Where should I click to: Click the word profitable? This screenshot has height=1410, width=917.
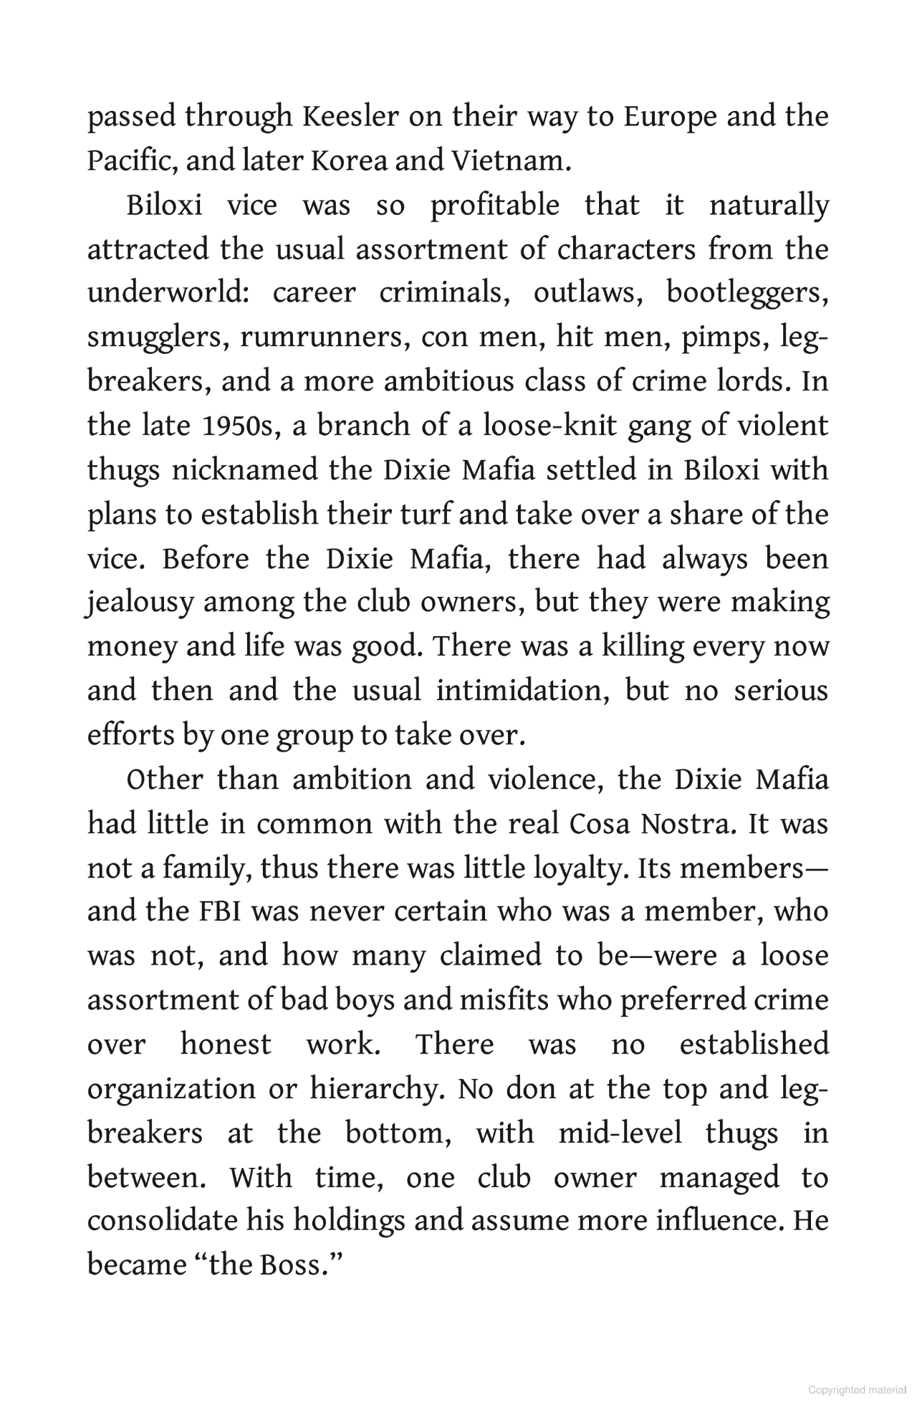pos(494,206)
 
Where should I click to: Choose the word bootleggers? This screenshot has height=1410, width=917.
pos(747,294)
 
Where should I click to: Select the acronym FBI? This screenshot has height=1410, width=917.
pos(219,912)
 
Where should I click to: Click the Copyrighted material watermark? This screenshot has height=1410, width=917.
pos(857,1390)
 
